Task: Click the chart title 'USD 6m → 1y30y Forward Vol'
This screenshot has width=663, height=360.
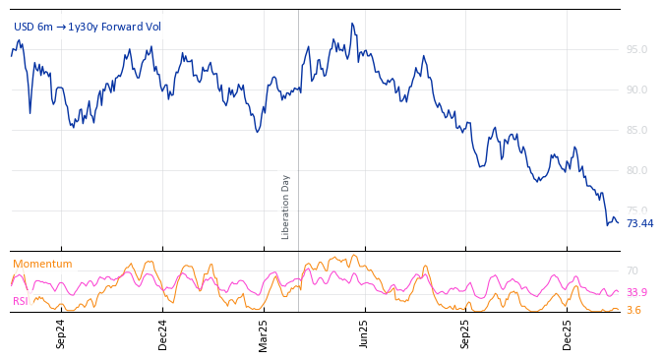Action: coord(88,27)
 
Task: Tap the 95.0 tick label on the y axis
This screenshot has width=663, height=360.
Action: coord(636,49)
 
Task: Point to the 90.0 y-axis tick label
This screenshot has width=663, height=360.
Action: coord(636,90)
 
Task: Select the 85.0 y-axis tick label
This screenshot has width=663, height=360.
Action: coord(636,130)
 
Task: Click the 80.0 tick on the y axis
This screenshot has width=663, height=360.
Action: coord(636,170)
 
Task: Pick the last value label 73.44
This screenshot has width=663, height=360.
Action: coord(639,223)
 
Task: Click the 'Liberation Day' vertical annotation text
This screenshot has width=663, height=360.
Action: coord(286,207)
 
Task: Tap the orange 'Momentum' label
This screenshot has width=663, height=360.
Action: coord(42,264)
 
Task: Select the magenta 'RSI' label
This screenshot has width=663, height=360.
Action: coord(21,301)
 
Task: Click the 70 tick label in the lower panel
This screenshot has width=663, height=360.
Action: coord(633,270)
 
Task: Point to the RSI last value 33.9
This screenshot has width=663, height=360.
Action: coord(636,292)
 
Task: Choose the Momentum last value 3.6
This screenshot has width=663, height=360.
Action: coord(633,310)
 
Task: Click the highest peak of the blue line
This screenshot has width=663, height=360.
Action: coord(351,24)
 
